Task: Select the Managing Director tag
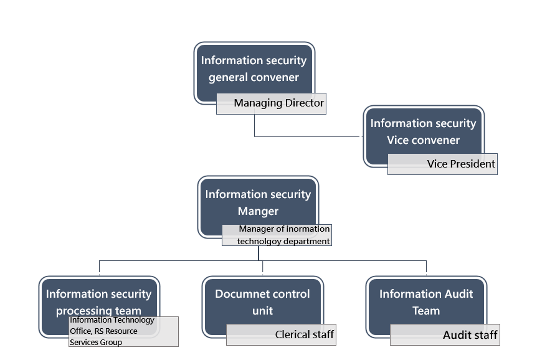(x=272, y=103)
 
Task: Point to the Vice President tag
(x=442, y=164)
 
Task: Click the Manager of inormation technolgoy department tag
(x=277, y=235)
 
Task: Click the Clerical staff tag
(x=281, y=334)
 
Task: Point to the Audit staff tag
(x=445, y=334)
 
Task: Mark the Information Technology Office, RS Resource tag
(x=123, y=331)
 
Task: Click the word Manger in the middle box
(x=259, y=211)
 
